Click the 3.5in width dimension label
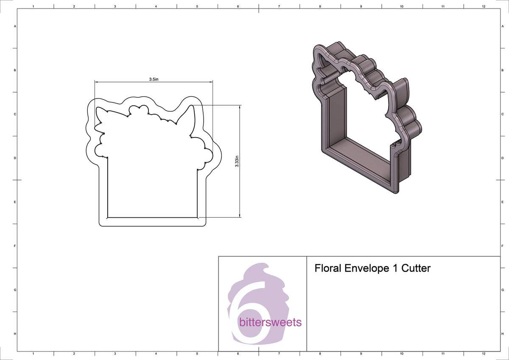click(x=154, y=79)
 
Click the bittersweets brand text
click(x=271, y=322)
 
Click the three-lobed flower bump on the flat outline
click(x=139, y=110)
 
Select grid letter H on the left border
click(x=15, y=334)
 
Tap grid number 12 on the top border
click(x=484, y=7)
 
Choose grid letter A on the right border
click(x=502, y=26)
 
